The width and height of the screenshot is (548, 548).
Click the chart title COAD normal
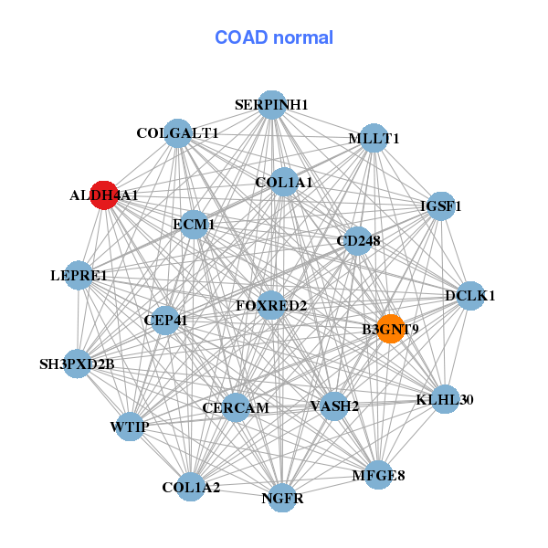tap(273, 37)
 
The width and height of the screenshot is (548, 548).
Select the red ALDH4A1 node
tap(104, 195)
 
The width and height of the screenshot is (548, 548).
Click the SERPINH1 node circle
tap(271, 105)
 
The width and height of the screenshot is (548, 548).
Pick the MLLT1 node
tap(374, 138)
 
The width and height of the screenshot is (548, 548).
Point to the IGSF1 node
tap(441, 205)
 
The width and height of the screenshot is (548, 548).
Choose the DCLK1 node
tap(470, 295)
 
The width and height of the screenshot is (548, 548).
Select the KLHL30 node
tap(445, 399)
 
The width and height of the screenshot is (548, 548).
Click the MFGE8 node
tap(379, 475)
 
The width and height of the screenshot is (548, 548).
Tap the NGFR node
tap(282, 498)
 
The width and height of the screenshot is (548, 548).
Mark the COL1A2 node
tap(191, 487)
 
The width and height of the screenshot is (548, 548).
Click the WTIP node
tap(130, 427)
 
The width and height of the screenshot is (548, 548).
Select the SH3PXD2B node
tap(78, 364)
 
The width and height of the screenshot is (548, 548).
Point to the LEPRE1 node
tap(79, 275)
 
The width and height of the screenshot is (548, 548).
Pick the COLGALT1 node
tap(177, 133)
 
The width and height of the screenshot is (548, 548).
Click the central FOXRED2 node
tap(271, 305)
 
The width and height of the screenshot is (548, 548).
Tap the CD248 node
tap(358, 241)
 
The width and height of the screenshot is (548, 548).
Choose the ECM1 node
tap(194, 224)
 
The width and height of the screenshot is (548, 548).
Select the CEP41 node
tap(165, 321)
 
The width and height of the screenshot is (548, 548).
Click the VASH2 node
tap(334, 406)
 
